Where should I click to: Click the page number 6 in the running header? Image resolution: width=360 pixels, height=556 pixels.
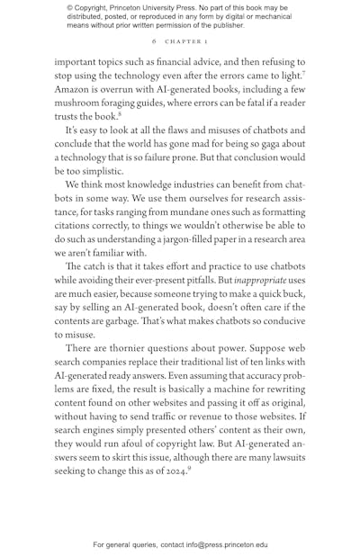click(x=154, y=42)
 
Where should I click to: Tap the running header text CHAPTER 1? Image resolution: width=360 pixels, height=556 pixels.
click(x=185, y=42)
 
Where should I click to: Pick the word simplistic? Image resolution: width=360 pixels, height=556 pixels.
click(x=98, y=170)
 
